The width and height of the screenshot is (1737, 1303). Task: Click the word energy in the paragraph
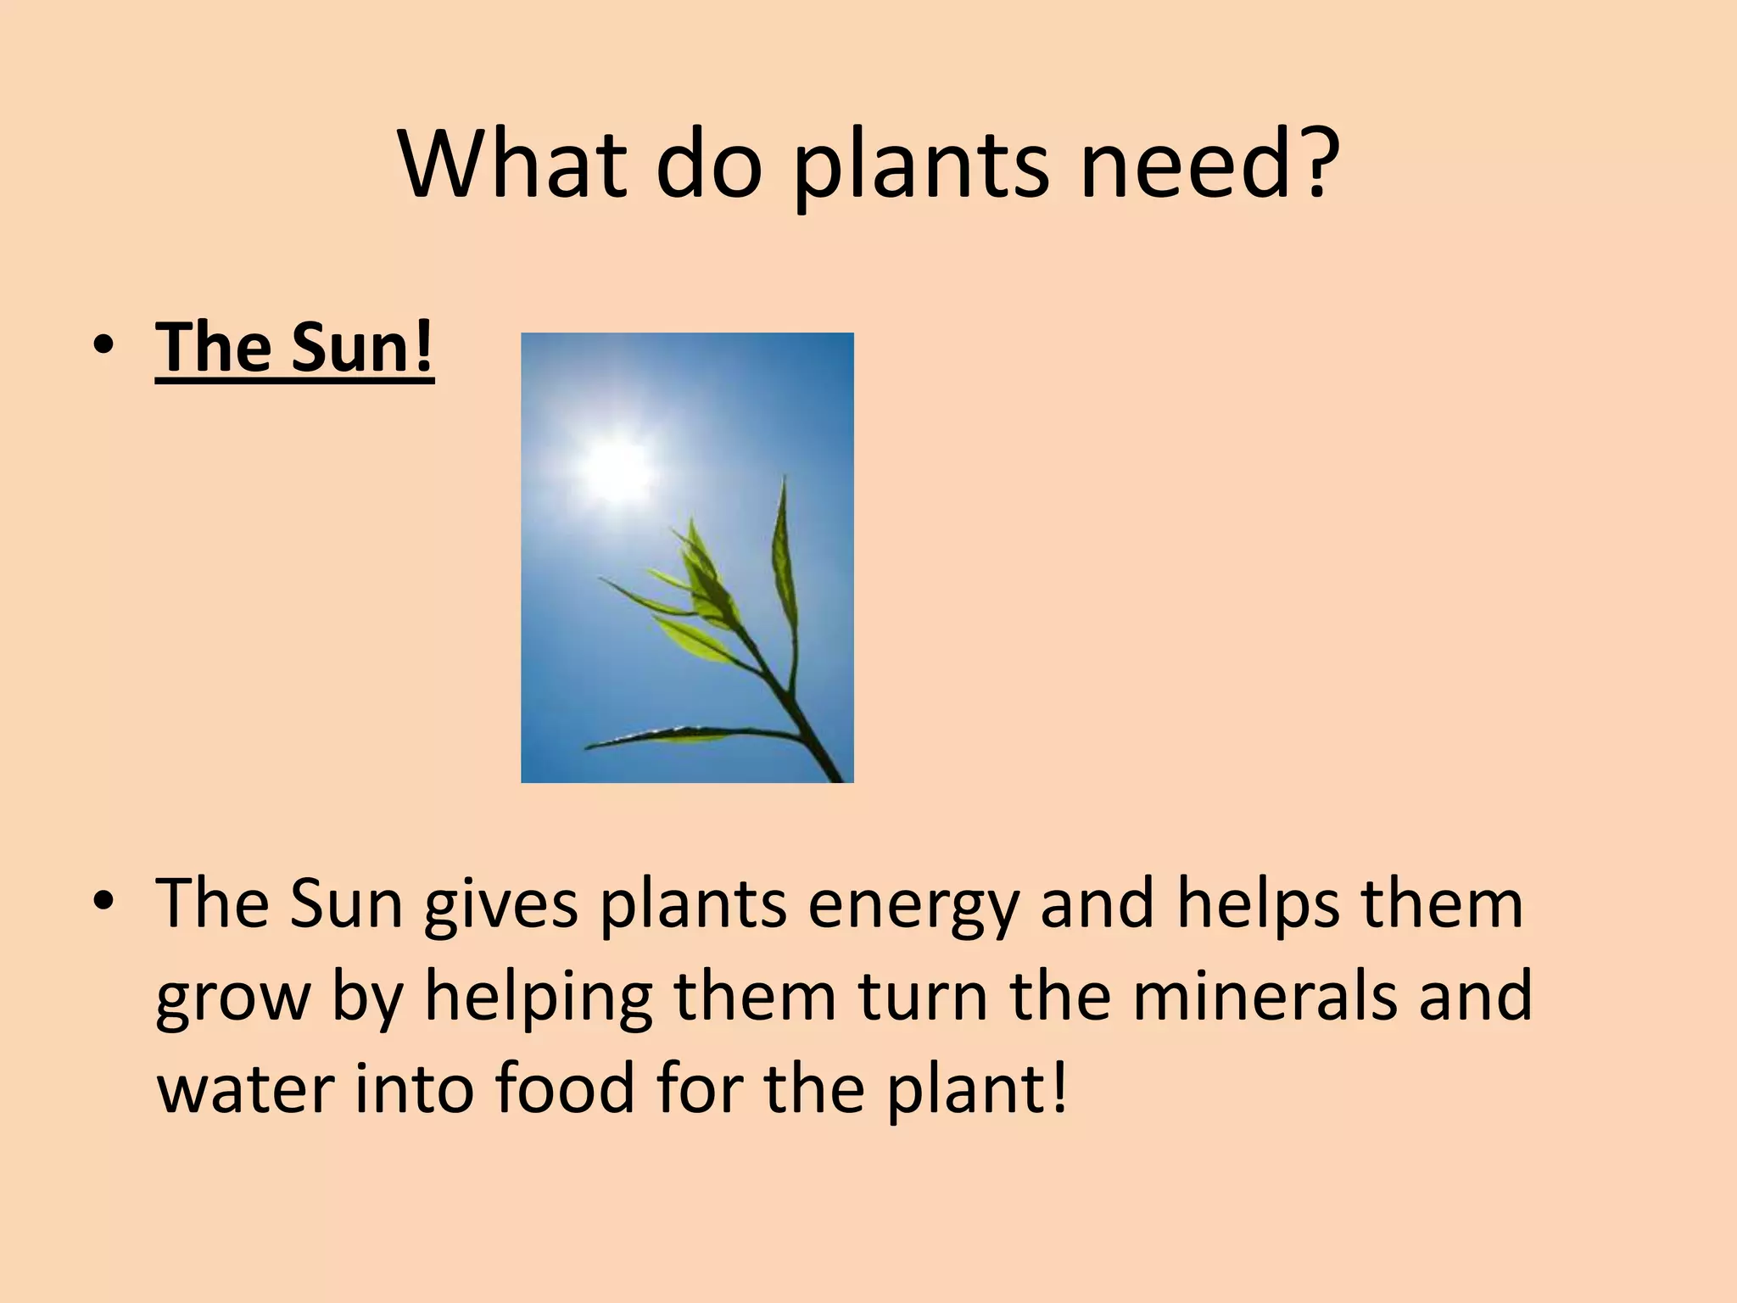tap(913, 905)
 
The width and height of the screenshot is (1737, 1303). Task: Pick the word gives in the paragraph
tap(500, 905)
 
